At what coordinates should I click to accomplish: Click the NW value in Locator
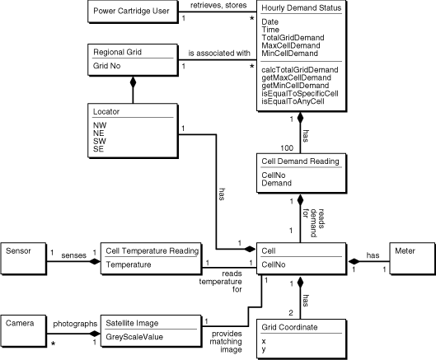[100, 124]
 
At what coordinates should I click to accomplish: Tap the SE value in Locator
[99, 152]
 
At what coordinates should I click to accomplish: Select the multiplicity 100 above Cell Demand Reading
[286, 147]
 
